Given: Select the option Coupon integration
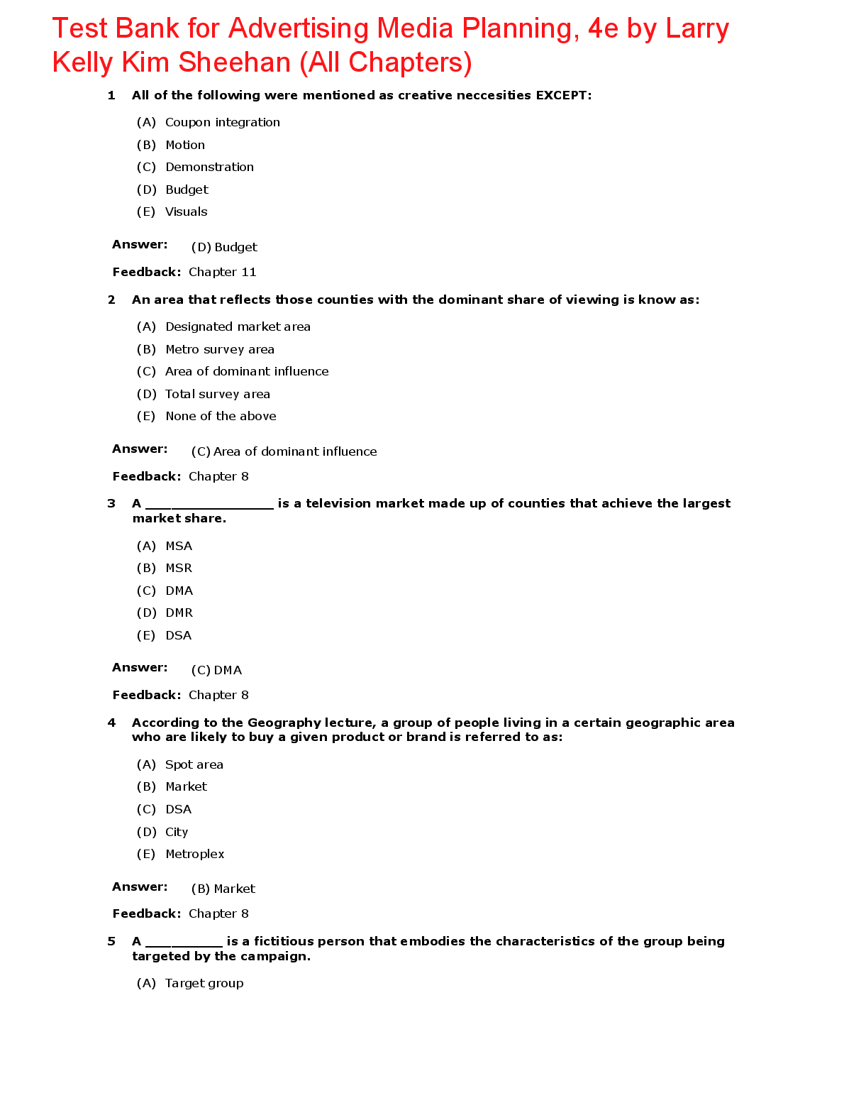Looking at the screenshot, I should pos(222,122).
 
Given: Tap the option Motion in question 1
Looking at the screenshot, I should pos(185,145).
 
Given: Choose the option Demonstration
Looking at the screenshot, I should pos(209,167).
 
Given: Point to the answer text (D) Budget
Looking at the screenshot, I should pos(224,247).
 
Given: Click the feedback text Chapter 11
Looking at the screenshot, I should pos(222,272).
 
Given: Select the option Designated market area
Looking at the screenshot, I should pos(238,326).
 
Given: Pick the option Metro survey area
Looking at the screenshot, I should pos(220,349).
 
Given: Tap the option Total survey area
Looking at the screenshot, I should pos(218,394).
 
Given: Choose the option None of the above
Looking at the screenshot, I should pos(221,416).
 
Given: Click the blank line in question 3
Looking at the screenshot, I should pos(209,505).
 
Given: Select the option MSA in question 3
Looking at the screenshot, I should pos(179,546).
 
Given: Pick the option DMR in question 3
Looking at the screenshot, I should pos(179,613).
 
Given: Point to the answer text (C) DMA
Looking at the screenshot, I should pos(216,670).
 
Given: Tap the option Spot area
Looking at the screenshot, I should pos(194,764).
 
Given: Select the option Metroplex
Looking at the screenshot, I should pos(194,854).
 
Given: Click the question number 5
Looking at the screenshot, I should pos(111,941).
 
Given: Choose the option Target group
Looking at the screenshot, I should pos(204,983).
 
